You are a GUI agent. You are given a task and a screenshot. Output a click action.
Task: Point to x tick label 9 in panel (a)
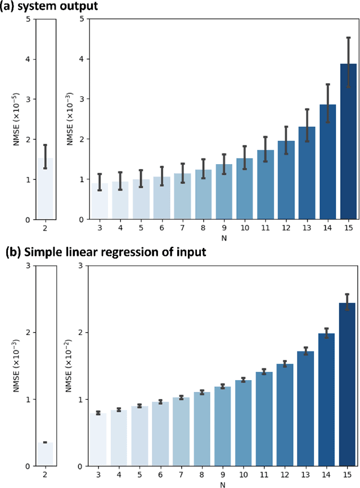pyautogui.click(x=224, y=229)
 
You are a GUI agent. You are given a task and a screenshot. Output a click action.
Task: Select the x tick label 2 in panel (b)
pyautogui.click(x=45, y=476)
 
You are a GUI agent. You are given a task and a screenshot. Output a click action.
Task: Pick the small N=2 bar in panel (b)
pyautogui.click(x=45, y=454)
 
